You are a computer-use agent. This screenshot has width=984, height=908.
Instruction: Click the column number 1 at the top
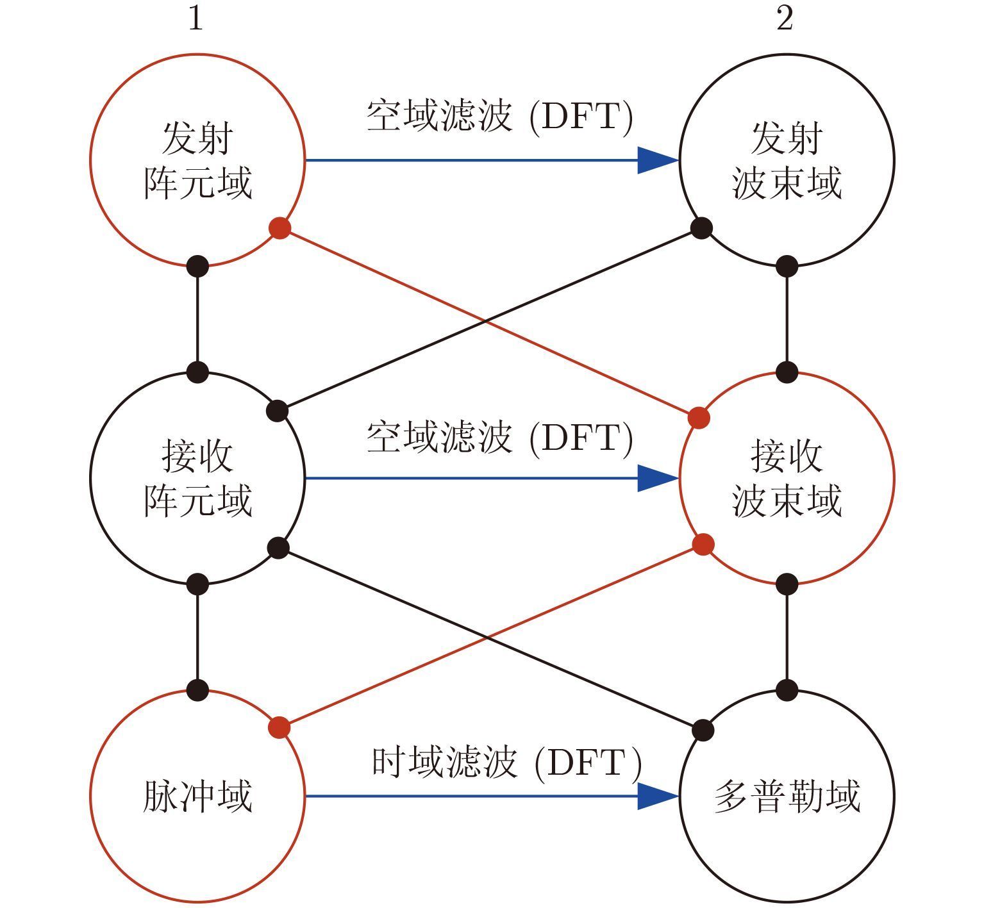pos(196,19)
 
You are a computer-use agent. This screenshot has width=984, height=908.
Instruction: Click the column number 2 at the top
pos(785,19)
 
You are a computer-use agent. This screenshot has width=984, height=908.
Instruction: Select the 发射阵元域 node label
pos(197,160)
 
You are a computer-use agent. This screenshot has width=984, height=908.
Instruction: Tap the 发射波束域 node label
pos(787,160)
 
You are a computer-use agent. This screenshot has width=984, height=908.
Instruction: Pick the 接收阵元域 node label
pos(197,478)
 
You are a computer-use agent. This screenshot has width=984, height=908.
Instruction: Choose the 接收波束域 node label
pos(787,478)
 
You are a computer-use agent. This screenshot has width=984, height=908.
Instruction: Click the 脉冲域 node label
pos(197,796)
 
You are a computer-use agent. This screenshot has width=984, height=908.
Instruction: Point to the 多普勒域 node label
pos(787,796)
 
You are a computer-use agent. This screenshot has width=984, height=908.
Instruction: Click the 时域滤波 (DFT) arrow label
pos(506,763)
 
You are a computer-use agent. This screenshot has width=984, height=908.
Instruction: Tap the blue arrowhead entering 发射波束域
pos(657,160)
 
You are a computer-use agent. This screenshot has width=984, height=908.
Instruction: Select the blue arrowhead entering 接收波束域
pos(657,478)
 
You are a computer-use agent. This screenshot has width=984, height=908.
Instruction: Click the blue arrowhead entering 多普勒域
pos(657,796)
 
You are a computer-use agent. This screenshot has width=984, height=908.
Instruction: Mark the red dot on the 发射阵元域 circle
pos(279,228)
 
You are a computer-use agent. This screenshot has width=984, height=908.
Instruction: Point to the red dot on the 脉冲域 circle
pos(279,728)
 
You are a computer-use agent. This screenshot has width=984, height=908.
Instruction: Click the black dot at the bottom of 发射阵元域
pos(197,266)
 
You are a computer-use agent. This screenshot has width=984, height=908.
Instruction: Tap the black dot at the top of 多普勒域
pos(787,690)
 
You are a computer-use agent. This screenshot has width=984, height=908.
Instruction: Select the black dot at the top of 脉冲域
pos(197,690)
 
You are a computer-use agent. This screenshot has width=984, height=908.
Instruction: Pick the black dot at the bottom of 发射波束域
pos(787,266)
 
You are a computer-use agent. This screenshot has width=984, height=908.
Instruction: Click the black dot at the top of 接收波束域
pos(787,372)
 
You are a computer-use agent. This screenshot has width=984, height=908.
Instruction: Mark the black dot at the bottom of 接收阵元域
pos(197,584)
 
